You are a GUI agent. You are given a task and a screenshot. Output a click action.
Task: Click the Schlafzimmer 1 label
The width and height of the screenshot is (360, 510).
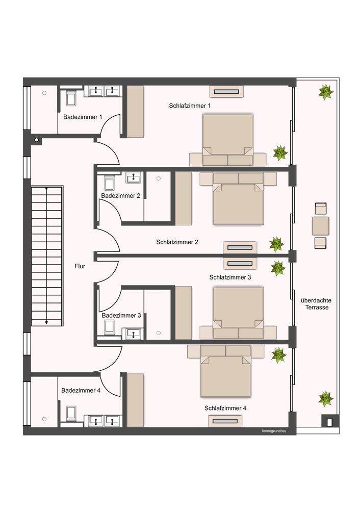click(190, 106)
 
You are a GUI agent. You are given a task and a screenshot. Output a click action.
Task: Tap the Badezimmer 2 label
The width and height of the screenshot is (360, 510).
click(121, 196)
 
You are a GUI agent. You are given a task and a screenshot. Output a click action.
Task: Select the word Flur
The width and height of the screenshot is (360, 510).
click(80, 266)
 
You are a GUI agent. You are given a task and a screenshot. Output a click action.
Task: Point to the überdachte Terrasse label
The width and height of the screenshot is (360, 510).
click(316, 304)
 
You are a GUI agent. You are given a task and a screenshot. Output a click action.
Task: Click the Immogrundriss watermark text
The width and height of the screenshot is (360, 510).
click(274, 431)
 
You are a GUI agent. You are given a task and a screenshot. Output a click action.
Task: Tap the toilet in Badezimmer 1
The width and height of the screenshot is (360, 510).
click(71, 98)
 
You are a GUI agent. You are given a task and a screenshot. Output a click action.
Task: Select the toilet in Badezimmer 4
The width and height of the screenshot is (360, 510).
click(71, 414)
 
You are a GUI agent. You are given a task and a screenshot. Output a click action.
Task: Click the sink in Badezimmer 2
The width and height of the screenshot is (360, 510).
click(133, 177)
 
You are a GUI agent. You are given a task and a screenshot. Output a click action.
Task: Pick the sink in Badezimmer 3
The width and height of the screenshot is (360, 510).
click(133, 333)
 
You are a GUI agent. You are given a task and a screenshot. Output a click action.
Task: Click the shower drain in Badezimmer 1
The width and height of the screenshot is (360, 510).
click(44, 93)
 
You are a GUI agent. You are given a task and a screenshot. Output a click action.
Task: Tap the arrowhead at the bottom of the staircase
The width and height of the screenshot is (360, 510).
click(46, 322)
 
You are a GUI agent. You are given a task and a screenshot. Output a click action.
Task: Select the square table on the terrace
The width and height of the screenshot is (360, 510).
click(320, 226)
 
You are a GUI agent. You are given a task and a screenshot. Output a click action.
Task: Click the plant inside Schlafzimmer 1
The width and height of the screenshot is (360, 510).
click(280, 153)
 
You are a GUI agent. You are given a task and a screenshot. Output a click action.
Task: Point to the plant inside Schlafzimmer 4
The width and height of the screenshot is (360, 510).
click(279, 355)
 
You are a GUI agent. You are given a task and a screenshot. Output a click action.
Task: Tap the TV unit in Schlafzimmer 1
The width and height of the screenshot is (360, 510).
click(227, 91)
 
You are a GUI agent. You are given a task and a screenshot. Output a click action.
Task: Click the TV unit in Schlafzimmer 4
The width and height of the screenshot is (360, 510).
click(225, 421)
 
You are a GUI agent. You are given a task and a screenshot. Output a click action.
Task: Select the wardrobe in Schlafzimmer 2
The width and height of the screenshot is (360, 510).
click(184, 198)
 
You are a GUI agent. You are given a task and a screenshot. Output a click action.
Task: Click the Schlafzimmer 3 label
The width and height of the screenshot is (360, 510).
click(230, 277)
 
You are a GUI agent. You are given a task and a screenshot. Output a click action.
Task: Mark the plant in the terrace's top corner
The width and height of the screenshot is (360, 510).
click(325, 92)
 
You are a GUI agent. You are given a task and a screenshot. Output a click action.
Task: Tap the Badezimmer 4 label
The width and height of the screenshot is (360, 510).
click(81, 390)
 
